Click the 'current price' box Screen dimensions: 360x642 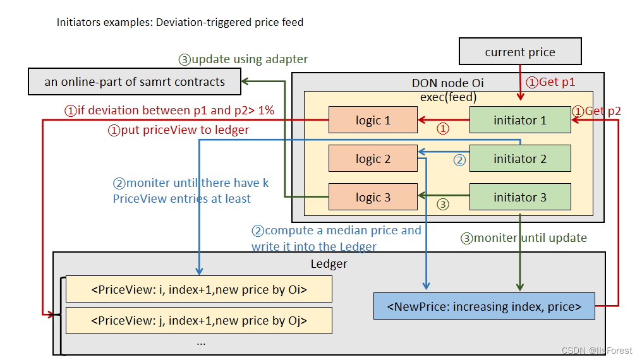tap(520, 52)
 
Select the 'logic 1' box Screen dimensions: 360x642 tap(373, 120)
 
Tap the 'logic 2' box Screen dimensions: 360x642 tap(373, 159)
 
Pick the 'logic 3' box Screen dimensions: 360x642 tap(373, 197)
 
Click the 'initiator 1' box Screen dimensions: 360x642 tap(520, 120)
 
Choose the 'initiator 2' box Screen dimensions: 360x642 tap(520, 159)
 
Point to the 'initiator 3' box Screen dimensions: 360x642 tap(520, 197)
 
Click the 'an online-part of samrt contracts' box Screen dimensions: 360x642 tap(135, 81)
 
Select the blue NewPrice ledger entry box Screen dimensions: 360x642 tap(485, 306)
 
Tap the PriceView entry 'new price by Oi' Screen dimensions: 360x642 tap(199, 290)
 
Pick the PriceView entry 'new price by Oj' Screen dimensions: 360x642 tap(199, 320)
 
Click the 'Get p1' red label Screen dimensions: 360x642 tap(551, 81)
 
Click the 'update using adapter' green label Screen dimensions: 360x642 tap(243, 59)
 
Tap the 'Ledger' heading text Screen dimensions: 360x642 tap(329, 263)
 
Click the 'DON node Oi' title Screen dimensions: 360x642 tap(447, 83)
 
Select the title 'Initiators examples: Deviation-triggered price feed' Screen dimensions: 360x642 tap(180, 23)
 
